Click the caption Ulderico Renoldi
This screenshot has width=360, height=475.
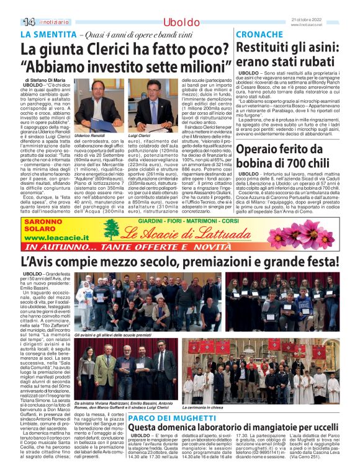click(x=90, y=135)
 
